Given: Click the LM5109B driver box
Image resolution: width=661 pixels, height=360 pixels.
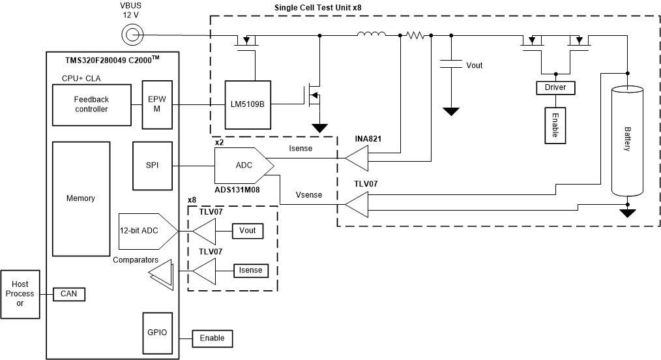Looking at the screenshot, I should tap(248, 103).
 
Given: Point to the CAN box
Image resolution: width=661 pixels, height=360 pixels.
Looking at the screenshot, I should tap(68, 294).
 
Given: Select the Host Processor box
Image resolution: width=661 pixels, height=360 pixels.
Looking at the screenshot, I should tap(20, 295).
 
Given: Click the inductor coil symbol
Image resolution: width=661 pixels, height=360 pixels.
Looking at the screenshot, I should tap(372, 35).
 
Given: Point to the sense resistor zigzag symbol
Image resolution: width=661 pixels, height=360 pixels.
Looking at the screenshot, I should tap(415, 35).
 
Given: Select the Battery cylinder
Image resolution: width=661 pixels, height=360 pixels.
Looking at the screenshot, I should tap(627, 142).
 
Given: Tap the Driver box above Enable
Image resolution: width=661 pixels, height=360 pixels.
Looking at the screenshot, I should tap(555, 87).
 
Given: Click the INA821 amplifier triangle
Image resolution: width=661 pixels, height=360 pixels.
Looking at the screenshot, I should tap(357, 157).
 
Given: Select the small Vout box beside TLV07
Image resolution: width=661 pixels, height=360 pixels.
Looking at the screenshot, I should tap(247, 231).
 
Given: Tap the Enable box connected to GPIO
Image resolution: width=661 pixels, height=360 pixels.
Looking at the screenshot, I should tap(212, 338).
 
